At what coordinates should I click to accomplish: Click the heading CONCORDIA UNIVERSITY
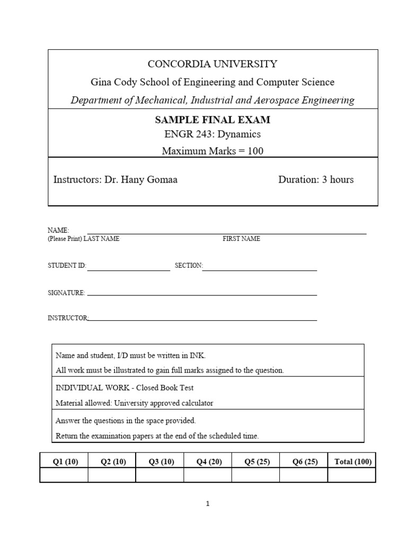212,64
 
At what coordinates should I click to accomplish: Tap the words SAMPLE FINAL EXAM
212,120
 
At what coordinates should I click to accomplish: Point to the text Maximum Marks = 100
212,151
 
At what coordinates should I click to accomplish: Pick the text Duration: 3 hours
316,179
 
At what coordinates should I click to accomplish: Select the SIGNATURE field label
66,293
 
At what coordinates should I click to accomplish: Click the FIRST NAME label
241,239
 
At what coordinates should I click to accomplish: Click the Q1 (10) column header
65,462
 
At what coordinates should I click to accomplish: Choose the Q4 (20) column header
209,462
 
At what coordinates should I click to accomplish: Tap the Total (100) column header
353,462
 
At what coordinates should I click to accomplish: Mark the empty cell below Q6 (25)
304,475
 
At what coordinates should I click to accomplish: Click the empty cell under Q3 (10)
160,475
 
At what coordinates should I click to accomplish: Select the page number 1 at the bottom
208,504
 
